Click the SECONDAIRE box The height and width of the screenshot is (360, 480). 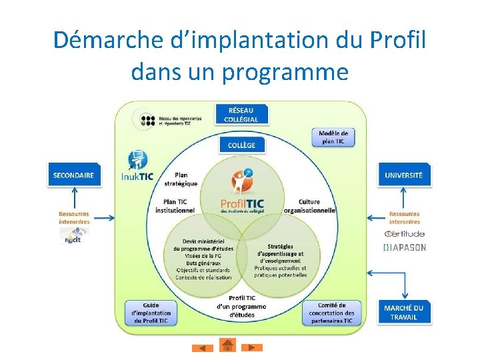point(73,175)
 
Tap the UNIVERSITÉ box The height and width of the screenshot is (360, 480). point(403,175)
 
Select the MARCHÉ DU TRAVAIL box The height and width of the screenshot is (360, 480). point(403,312)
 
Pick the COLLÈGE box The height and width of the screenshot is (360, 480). point(241,145)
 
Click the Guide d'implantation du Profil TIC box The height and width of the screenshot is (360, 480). point(151,313)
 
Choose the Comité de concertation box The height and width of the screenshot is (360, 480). point(331,313)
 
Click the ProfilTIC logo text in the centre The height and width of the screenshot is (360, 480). point(242,203)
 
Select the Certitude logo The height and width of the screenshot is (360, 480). point(404,234)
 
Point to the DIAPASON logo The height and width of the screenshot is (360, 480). point(404,247)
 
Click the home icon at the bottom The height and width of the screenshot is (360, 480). point(227,345)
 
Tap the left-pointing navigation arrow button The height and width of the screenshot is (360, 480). point(202,348)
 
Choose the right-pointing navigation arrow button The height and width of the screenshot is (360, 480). point(251,347)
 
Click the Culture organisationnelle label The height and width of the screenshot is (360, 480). point(309,206)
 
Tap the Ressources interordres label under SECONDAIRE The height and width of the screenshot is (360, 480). point(73,218)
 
